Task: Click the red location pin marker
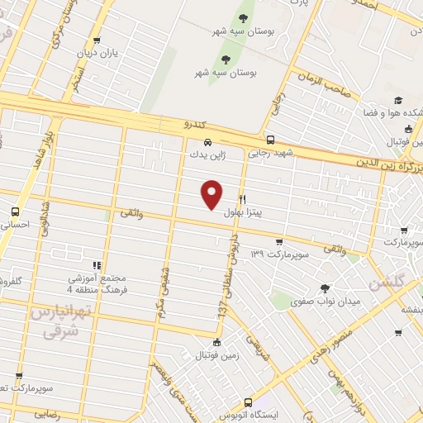[213, 193]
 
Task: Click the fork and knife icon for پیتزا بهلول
[242, 199]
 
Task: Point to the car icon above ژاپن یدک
[207, 141]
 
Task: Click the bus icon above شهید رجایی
[270, 140]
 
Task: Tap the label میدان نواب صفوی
[330, 302]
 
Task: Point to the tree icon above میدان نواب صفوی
[324, 288]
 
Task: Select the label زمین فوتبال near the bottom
[216, 356]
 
